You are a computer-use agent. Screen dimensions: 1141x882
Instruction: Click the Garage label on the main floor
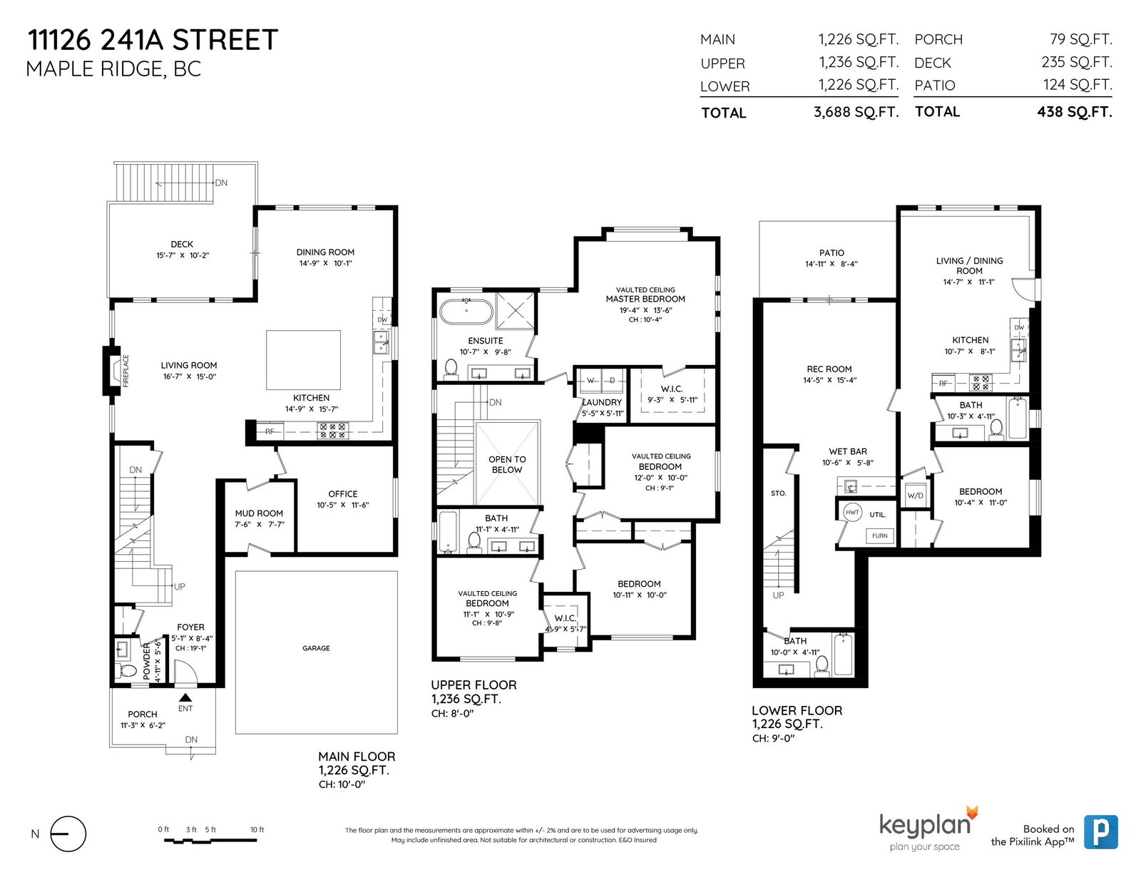316,648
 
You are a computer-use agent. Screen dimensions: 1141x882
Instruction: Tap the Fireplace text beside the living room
126,371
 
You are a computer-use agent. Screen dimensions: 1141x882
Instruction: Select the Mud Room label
259,513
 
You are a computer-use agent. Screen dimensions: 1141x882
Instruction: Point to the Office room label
343,494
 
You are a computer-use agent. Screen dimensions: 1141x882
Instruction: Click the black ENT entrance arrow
185,698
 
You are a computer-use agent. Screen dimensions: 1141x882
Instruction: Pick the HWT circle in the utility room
852,513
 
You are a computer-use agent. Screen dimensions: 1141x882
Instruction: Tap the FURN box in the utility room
879,536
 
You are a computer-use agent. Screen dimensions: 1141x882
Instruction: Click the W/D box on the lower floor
915,495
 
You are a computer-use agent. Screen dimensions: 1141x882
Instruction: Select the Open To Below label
507,465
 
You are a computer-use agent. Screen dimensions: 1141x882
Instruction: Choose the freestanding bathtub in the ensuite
466,312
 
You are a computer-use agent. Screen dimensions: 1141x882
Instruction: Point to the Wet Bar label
847,451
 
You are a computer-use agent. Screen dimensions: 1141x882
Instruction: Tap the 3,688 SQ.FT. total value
856,112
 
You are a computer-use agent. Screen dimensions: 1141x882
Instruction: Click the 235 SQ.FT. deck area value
1076,63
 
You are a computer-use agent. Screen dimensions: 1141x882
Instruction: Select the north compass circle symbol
68,834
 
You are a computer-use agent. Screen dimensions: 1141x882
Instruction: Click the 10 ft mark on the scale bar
257,829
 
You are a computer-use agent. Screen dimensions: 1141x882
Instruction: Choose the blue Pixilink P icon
1101,831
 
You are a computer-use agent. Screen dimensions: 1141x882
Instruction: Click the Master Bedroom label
645,299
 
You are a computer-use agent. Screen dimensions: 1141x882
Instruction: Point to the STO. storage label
778,493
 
